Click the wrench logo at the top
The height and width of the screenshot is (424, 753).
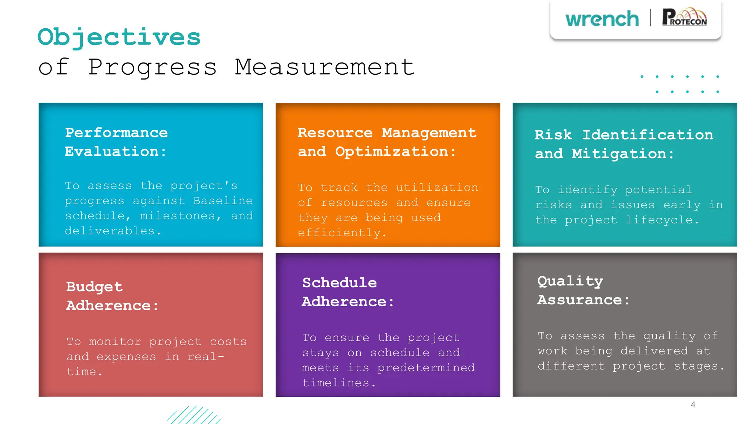coord(602,19)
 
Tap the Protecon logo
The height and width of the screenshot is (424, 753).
coord(684,17)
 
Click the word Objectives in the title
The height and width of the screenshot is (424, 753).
coord(119,38)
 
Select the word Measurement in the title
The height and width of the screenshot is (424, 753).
coord(325,67)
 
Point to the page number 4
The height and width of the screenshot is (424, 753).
coord(693,404)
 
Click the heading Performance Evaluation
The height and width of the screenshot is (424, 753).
coord(116,142)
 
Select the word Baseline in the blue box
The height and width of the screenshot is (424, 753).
coord(223,201)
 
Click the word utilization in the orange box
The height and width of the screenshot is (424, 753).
coord(437,188)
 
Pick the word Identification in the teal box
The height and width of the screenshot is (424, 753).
coord(648,135)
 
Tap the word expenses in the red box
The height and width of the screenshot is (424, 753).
coord(126,357)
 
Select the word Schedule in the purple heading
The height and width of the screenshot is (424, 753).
coord(339,283)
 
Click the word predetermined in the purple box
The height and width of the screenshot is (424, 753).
coord(426,368)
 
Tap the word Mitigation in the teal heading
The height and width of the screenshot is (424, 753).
coord(619,154)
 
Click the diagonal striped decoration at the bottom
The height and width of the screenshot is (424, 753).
coord(195,415)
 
